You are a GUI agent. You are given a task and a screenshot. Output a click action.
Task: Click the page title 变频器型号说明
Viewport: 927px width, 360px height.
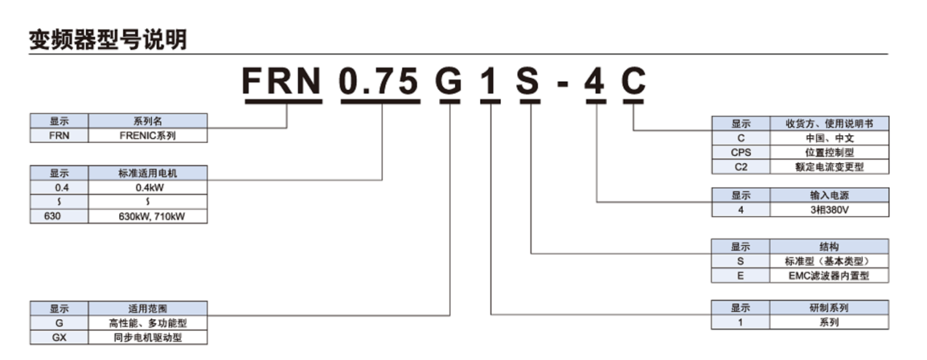(x=108, y=39)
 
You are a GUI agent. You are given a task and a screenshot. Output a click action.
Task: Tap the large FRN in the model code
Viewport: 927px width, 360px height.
(x=281, y=80)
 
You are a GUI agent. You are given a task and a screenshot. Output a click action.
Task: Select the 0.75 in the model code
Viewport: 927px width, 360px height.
(x=378, y=80)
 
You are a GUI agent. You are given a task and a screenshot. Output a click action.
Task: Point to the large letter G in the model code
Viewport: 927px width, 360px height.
(x=449, y=80)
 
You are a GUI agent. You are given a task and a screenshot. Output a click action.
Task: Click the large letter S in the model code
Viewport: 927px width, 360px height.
(x=528, y=80)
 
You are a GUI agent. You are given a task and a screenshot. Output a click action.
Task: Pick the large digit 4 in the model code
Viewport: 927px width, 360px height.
(x=595, y=80)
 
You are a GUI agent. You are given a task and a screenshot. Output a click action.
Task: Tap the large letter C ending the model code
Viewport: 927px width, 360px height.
(x=633, y=80)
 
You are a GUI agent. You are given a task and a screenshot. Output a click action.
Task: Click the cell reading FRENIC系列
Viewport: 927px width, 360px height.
(x=148, y=136)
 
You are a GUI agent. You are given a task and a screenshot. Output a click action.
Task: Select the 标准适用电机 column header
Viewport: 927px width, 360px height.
(x=148, y=173)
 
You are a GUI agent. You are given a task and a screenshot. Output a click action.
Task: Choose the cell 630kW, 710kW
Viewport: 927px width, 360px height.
(x=148, y=216)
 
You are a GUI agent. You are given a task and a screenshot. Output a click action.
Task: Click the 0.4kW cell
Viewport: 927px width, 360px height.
(x=148, y=188)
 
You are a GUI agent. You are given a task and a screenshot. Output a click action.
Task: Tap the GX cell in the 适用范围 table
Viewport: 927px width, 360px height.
(x=59, y=337)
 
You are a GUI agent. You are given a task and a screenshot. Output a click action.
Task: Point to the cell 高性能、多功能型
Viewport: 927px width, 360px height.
(x=148, y=323)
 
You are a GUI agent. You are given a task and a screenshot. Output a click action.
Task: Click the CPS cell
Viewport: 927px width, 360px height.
(x=741, y=153)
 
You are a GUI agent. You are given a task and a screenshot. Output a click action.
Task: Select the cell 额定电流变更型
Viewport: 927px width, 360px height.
(x=829, y=166)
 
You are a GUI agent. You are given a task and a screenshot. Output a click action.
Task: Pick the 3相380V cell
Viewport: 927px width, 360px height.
(x=829, y=210)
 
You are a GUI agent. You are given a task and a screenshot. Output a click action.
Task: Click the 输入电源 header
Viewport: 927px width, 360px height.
(x=829, y=195)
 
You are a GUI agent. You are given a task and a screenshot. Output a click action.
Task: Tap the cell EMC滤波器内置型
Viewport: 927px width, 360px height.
(x=829, y=275)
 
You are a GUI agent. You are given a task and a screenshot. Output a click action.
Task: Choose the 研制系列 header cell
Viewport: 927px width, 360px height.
(x=829, y=308)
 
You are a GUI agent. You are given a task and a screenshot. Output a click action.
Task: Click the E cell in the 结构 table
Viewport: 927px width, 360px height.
(x=741, y=275)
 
